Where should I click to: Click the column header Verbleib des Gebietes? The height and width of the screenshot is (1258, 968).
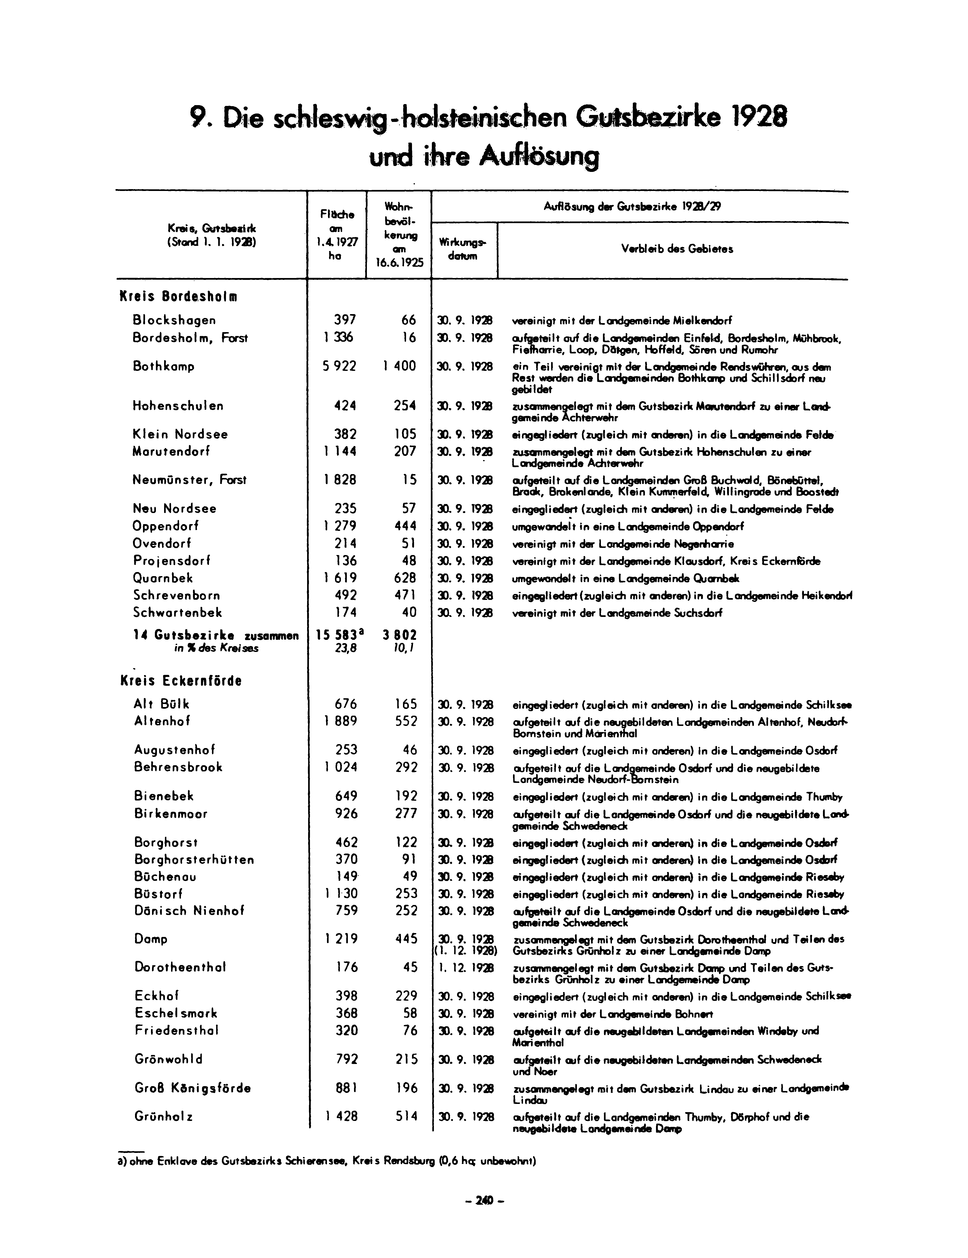point(677,249)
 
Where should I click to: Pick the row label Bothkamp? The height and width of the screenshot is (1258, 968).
point(163,366)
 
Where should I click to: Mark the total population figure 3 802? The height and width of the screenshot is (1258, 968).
point(399,635)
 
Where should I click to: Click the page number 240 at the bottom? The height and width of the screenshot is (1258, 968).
point(484,1200)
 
